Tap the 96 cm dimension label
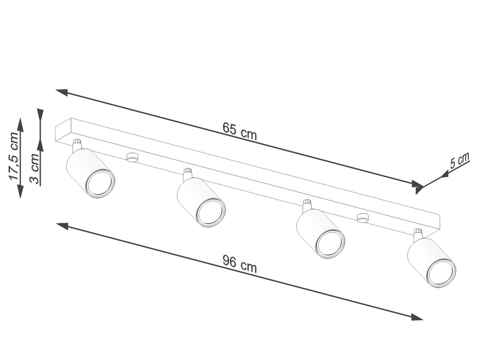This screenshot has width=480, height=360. click(240, 264)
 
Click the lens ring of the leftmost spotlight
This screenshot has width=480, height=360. click(100, 183)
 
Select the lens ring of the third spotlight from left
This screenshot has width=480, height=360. click(330, 244)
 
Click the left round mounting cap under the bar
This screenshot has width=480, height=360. click(132, 157)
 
